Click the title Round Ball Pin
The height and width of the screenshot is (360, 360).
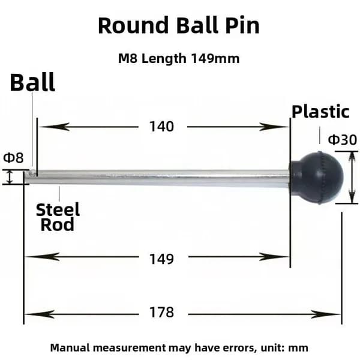coord(179,25)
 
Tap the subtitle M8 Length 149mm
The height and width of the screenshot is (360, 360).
coord(179,59)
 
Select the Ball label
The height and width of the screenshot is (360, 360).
coord(32,82)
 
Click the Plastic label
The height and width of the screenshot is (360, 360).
coord(320,112)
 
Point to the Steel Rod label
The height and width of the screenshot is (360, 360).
coord(58,217)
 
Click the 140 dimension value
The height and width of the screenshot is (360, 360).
coord(161,127)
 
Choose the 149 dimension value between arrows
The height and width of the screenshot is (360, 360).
coord(161,259)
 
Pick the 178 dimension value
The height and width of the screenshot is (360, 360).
coord(161,312)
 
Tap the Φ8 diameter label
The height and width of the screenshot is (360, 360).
coord(13,158)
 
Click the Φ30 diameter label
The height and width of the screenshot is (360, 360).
coord(343,140)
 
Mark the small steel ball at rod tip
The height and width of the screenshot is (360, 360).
coord(33,173)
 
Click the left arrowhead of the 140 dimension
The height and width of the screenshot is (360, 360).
coord(54,127)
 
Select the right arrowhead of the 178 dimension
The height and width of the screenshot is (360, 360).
coord(326,314)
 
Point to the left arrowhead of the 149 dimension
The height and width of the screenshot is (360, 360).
coord(42,257)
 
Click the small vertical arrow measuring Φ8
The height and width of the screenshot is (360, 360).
coord(9,177)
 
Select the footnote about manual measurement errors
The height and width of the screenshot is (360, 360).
coord(179,348)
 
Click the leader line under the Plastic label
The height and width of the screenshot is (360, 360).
coord(320,135)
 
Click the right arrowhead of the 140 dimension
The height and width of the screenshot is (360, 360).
coord(273,127)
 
